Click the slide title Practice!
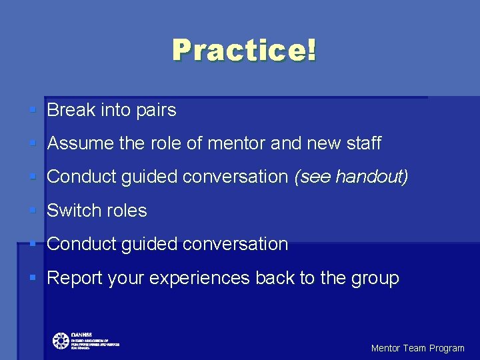[x=244, y=51]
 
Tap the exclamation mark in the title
[x=311, y=50]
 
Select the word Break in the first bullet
[x=71, y=110]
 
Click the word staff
[x=363, y=143]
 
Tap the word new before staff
[x=323, y=143]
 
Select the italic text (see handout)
[x=351, y=177]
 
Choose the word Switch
[x=73, y=211]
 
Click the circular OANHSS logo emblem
[x=61, y=341]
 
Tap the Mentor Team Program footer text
[x=417, y=348]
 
